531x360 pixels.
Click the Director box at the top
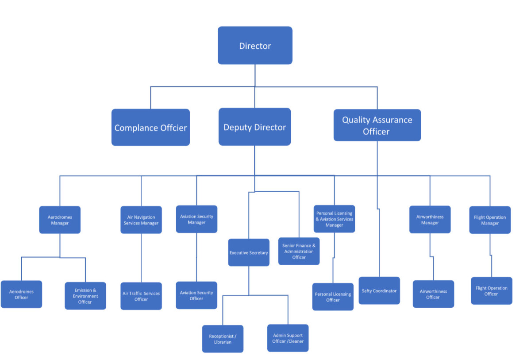coord(255,46)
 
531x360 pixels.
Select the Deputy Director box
coord(254,127)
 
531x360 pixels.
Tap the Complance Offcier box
coord(150,128)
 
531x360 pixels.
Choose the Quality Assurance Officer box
coord(377,125)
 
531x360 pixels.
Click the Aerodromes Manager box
coord(60,220)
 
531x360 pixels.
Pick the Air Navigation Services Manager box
coord(141,220)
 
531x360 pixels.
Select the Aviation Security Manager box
coord(196,219)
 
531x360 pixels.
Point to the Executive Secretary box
coord(249,253)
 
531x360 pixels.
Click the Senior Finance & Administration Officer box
coord(299,252)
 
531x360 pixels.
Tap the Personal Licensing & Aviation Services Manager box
coord(334,219)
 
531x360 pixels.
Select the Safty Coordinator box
coord(379,291)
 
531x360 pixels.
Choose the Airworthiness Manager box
coord(430,220)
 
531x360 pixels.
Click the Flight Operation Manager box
coord(490,220)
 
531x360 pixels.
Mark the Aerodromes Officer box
coord(21,294)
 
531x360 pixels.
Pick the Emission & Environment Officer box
coord(85,296)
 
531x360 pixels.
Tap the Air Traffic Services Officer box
coord(141,296)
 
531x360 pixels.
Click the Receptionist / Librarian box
coord(223,339)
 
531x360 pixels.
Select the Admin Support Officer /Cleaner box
coord(288,338)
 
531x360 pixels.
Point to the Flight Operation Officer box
coord(491,291)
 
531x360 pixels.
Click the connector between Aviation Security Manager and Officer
coord(196,257)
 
